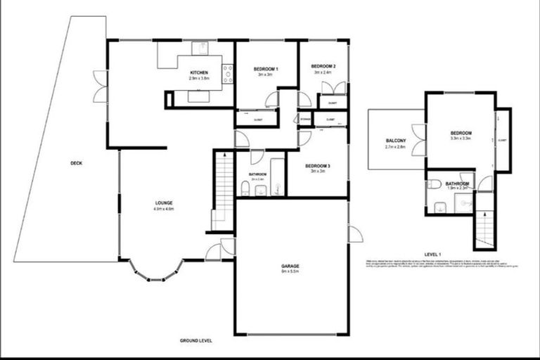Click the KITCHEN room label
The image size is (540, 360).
click(x=198, y=73)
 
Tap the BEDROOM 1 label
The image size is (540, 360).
click(x=265, y=69)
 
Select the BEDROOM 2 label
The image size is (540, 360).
click(x=324, y=67)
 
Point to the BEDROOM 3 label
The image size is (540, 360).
click(x=318, y=167)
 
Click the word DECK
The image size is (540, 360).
click(x=76, y=163)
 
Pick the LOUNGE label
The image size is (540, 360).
click(x=164, y=204)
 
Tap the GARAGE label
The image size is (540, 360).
click(x=290, y=266)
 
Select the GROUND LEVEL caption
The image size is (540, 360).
click(x=195, y=340)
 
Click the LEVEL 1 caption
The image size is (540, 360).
click(x=433, y=253)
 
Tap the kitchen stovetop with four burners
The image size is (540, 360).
click(x=228, y=74)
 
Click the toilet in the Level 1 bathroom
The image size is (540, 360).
click(x=434, y=185)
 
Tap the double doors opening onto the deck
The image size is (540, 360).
click(x=101, y=86)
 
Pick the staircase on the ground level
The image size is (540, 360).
click(x=224, y=190)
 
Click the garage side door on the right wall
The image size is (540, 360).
click(x=354, y=234)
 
